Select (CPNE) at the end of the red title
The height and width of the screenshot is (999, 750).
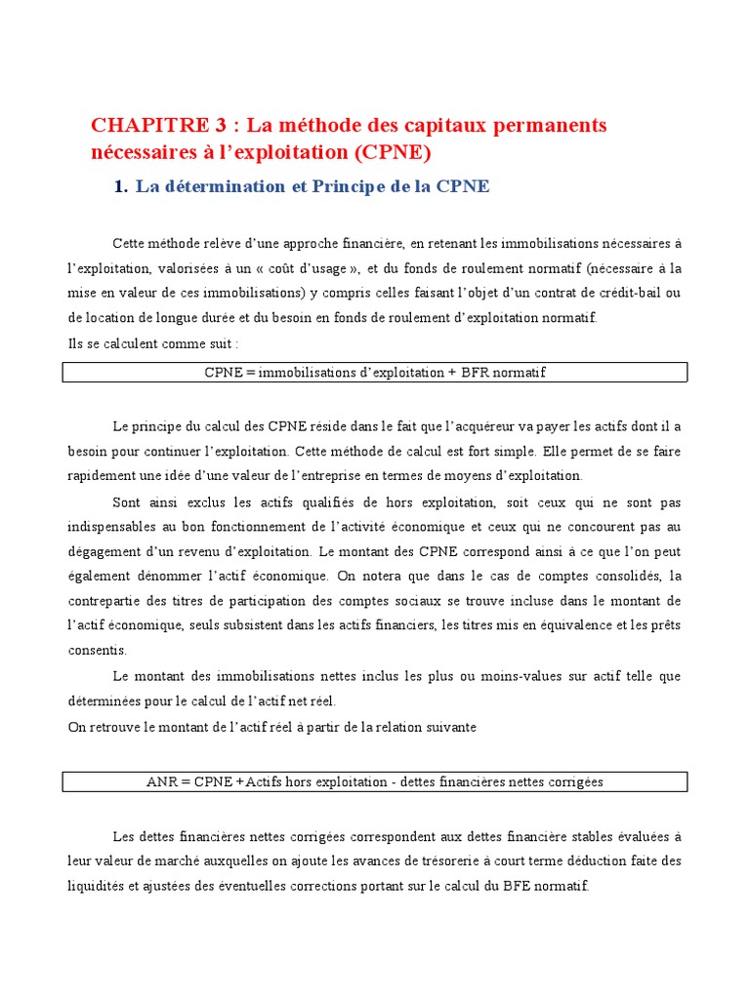(393, 152)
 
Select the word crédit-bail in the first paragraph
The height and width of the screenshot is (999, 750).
(624, 293)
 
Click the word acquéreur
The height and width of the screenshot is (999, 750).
(475, 425)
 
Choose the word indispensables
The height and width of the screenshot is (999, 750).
(107, 526)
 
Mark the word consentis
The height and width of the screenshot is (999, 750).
(97, 650)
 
